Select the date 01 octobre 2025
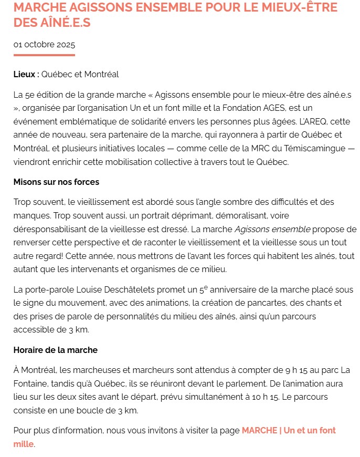click(44, 44)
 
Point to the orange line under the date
click(44, 55)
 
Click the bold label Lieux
click(25, 74)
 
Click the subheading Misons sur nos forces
click(56, 182)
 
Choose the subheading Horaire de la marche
click(55, 350)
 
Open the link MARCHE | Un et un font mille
click(288, 430)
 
